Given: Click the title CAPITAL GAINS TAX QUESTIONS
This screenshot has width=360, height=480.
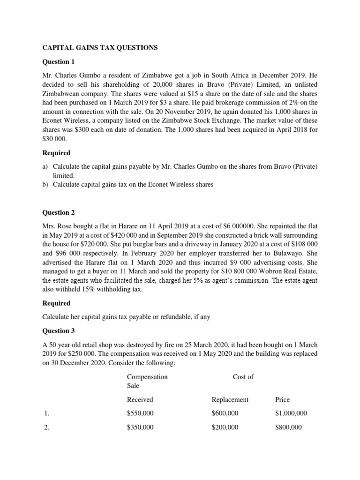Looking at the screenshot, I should pyautogui.click(x=101, y=48).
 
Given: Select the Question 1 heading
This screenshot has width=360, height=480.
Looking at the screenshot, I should pyautogui.click(x=59, y=62).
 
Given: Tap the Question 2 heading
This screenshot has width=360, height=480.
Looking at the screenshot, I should pyautogui.click(x=59, y=212).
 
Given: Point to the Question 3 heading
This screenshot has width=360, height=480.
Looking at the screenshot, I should pyautogui.click(x=59, y=331).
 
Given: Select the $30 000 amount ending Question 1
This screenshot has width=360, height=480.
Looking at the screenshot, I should pyautogui.click(x=53, y=139).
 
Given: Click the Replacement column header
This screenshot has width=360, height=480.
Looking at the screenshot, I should pyautogui.click(x=230, y=400).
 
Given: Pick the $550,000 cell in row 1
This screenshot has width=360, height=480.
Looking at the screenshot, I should pyautogui.click(x=140, y=413).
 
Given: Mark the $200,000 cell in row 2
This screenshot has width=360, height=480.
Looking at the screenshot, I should pyautogui.click(x=225, y=427).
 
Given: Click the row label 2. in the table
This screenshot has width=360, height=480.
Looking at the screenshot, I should pyautogui.click(x=46, y=427).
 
